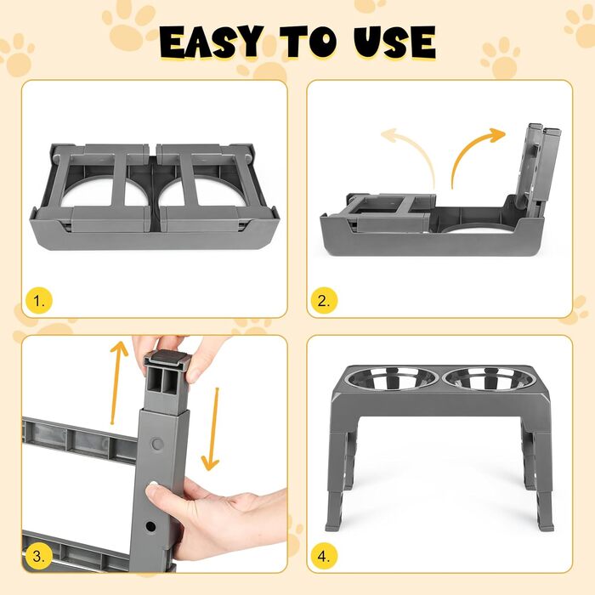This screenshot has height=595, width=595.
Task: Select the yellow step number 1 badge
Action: pyautogui.click(x=39, y=301)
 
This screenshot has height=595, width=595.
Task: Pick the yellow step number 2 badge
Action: pyautogui.click(x=324, y=301)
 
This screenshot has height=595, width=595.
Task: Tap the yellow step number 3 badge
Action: pyautogui.click(x=39, y=556)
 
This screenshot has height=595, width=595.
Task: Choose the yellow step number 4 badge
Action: pyautogui.click(x=324, y=556)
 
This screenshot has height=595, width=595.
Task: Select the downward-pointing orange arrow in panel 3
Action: pyautogui.click(x=212, y=428)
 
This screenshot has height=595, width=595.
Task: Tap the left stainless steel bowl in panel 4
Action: pyautogui.click(x=393, y=378)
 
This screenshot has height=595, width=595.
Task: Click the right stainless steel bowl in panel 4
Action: pyautogui.click(x=490, y=378)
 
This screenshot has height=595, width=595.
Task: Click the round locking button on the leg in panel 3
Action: pyautogui.click(x=157, y=444)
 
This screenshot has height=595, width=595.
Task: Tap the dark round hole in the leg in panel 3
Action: pyautogui.click(x=150, y=526)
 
